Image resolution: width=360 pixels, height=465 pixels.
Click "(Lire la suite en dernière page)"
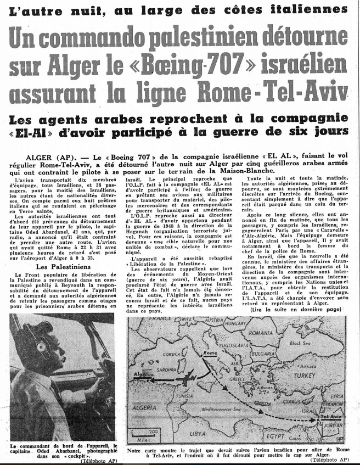pyautogui.click(x=295, y=310)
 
